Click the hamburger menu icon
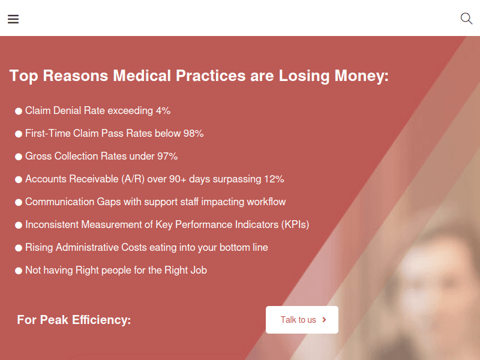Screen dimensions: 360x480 tap(13, 19)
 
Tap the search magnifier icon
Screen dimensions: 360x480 tap(466, 19)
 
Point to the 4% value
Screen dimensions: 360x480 tap(163, 110)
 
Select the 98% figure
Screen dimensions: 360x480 tap(193, 133)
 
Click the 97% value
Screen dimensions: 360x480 tap(167, 156)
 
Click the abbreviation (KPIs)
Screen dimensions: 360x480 tap(295, 224)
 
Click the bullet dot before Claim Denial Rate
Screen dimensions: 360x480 tap(19, 111)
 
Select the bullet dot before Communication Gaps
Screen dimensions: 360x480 tap(19, 202)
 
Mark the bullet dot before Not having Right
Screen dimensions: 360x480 tap(19, 271)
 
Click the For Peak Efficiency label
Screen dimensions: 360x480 tap(74, 320)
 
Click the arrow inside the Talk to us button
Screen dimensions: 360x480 tap(325, 320)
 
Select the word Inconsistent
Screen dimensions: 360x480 tap(53, 224)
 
